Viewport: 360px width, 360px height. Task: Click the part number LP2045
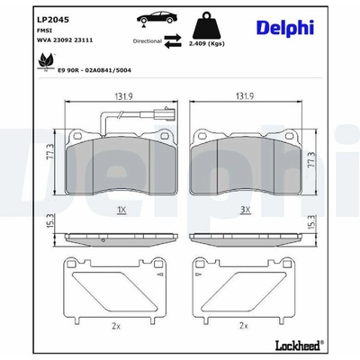tap(53, 20)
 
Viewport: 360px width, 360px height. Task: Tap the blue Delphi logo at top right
tap(285, 28)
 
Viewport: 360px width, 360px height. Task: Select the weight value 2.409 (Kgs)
tap(207, 44)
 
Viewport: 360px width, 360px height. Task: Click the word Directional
tap(148, 41)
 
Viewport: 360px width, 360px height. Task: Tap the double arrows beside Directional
tap(173, 41)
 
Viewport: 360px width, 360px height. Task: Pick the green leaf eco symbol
tap(46, 63)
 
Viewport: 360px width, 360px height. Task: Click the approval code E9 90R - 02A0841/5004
tap(94, 70)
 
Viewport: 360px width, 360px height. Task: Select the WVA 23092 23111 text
tap(65, 40)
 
